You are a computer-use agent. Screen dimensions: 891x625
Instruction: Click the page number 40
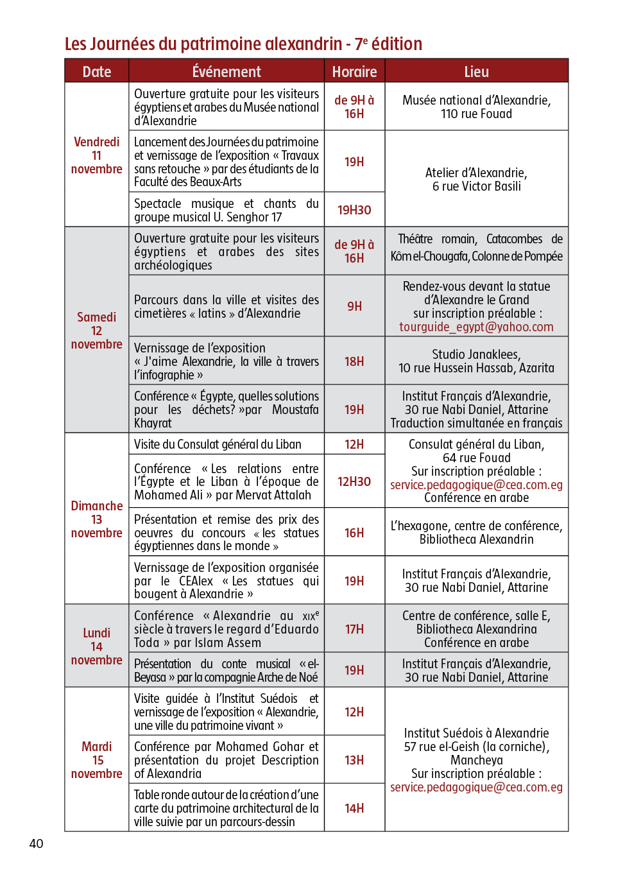pyautogui.click(x=36, y=843)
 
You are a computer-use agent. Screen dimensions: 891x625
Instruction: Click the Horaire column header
pyautogui.click(x=354, y=72)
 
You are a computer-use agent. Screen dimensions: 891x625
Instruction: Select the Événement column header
pyautogui.click(x=227, y=72)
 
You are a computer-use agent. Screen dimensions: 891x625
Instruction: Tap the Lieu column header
pyautogui.click(x=476, y=72)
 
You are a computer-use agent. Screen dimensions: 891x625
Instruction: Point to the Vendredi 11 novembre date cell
pyautogui.click(x=97, y=155)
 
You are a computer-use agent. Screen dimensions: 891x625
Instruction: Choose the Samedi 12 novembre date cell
pyautogui.click(x=97, y=331)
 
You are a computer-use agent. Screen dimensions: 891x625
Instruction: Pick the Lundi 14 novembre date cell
pyautogui.click(x=97, y=646)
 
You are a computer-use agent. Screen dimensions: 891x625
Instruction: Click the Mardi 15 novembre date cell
pyautogui.click(x=97, y=760)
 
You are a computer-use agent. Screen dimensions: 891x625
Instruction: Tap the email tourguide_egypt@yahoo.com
pyautogui.click(x=476, y=327)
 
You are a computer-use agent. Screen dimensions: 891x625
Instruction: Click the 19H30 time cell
pyautogui.click(x=354, y=210)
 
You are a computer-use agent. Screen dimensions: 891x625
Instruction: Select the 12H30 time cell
pyautogui.click(x=354, y=481)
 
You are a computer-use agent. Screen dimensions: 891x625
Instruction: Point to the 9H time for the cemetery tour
pyautogui.click(x=354, y=306)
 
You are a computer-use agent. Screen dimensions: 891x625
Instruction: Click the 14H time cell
pyautogui.click(x=354, y=808)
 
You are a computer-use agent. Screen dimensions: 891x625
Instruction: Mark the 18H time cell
pyautogui.click(x=354, y=361)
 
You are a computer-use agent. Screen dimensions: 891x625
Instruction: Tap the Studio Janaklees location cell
pyautogui.click(x=476, y=361)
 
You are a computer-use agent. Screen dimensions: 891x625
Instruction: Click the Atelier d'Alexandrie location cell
pyautogui.click(x=476, y=179)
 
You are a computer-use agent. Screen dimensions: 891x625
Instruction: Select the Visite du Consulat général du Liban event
pyautogui.click(x=218, y=444)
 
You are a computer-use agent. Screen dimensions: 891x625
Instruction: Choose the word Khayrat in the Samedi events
pyautogui.click(x=153, y=423)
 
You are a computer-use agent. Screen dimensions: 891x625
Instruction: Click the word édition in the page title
pyautogui.click(x=397, y=44)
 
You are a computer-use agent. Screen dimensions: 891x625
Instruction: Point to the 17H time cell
pyautogui.click(x=354, y=629)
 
